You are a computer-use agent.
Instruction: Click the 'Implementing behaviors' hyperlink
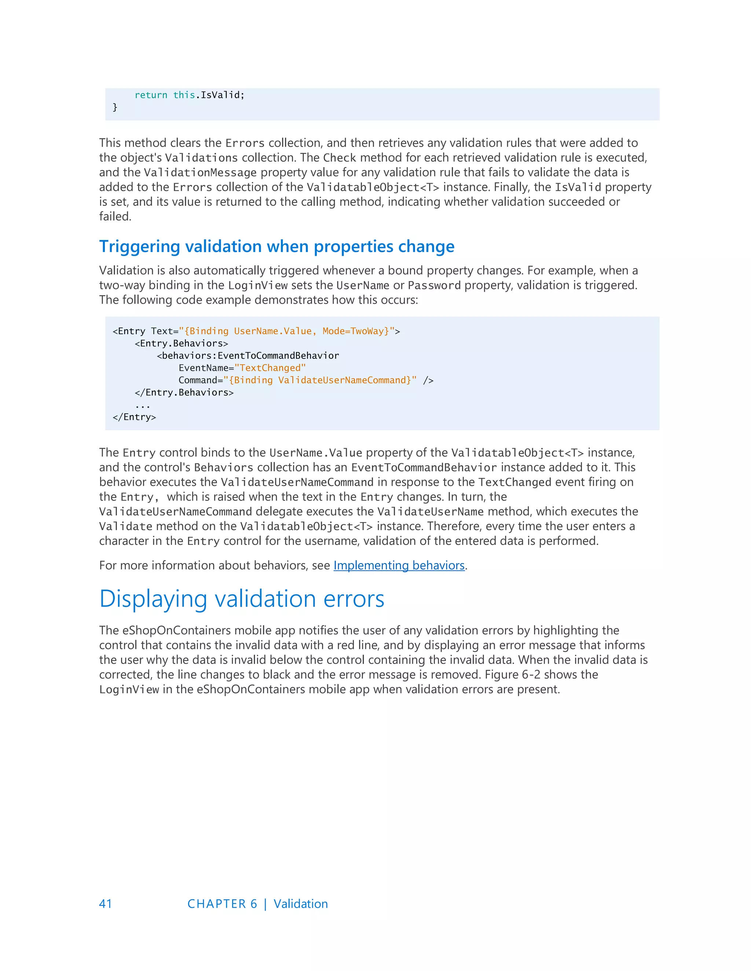point(399,565)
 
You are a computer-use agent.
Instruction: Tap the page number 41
point(106,904)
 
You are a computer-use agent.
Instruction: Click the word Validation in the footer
point(300,904)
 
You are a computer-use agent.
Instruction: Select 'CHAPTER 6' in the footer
point(222,904)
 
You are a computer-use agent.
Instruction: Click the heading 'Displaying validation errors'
point(242,599)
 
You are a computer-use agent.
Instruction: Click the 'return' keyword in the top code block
point(151,95)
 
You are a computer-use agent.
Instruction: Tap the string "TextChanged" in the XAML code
point(270,368)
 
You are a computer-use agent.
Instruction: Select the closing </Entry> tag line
point(134,417)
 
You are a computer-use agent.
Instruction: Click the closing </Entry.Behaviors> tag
point(184,392)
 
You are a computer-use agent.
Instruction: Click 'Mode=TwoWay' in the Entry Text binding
point(353,331)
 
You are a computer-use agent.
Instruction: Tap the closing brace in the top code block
point(115,107)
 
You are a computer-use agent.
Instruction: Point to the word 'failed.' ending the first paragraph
point(115,217)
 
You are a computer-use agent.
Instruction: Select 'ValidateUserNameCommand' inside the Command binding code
point(342,380)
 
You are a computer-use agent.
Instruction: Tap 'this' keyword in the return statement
point(184,95)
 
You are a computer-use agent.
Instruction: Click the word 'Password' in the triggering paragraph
point(434,285)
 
